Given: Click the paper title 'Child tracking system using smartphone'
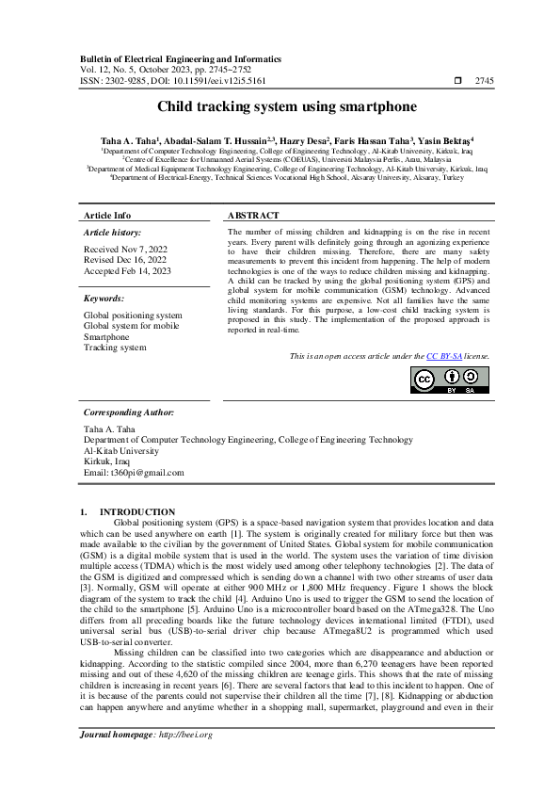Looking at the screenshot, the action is click(x=280, y=108).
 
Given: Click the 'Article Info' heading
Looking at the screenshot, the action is click(x=107, y=216).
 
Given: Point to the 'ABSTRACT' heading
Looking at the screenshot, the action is click(x=254, y=216).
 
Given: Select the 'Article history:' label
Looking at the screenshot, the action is click(x=113, y=232).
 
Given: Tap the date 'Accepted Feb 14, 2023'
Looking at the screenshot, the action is click(x=126, y=269).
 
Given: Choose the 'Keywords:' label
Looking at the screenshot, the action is click(x=104, y=298).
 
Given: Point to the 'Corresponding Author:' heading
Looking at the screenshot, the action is click(x=128, y=413).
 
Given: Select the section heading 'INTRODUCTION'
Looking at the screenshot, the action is click(x=144, y=511).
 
